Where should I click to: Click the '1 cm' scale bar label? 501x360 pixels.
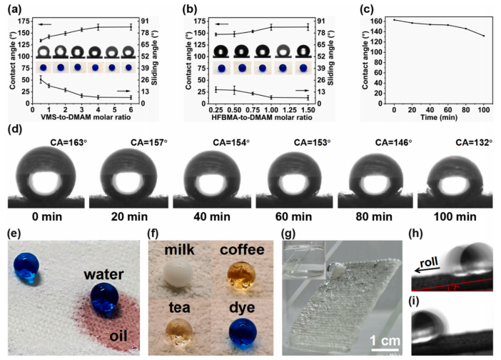[x=385, y=341]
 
